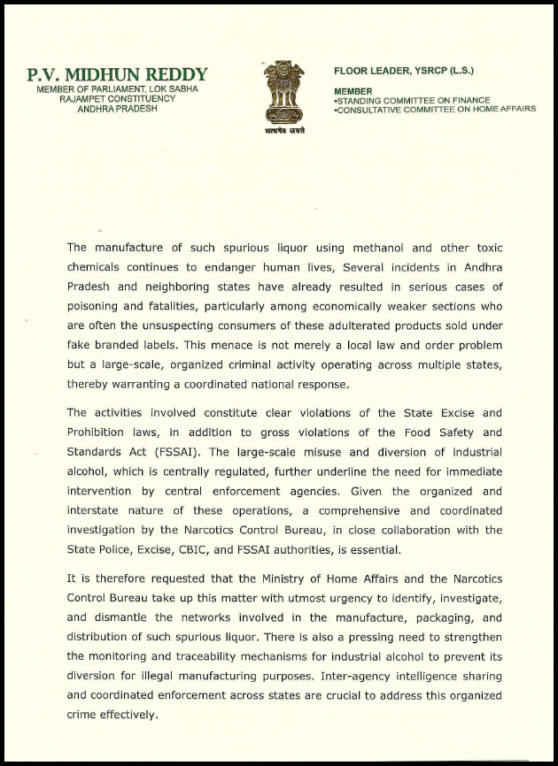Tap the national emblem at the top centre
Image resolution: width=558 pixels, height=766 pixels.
click(x=283, y=93)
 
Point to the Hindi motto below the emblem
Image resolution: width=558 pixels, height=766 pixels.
click(x=283, y=130)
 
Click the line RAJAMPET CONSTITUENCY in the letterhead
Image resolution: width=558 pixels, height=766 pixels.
click(x=117, y=99)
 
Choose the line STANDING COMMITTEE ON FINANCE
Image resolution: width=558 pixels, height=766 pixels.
click(x=414, y=101)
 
